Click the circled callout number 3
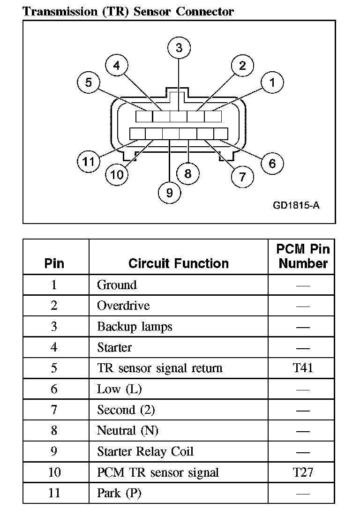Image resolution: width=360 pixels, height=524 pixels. (x=179, y=47)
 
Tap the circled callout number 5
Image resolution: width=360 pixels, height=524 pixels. (x=89, y=82)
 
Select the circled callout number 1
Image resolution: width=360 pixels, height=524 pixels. (x=272, y=82)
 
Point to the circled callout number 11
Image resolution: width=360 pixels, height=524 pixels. (x=89, y=162)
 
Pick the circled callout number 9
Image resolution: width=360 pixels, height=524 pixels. (x=169, y=192)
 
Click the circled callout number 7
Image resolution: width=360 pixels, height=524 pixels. (x=242, y=176)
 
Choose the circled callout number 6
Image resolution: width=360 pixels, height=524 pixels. (x=272, y=163)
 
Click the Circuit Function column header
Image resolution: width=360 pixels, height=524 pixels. (x=178, y=263)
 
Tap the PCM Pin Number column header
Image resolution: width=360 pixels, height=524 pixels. (x=303, y=256)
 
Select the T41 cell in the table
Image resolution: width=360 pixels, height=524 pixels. (x=303, y=368)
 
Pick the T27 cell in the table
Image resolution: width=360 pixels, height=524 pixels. (x=303, y=472)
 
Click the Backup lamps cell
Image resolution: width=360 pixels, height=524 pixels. (x=135, y=327)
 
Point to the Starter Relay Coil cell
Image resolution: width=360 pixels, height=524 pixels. (x=145, y=452)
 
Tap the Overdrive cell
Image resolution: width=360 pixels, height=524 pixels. (x=123, y=306)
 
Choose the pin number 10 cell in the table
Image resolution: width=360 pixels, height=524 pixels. (x=54, y=472)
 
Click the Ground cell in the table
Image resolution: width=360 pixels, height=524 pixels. (x=117, y=285)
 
